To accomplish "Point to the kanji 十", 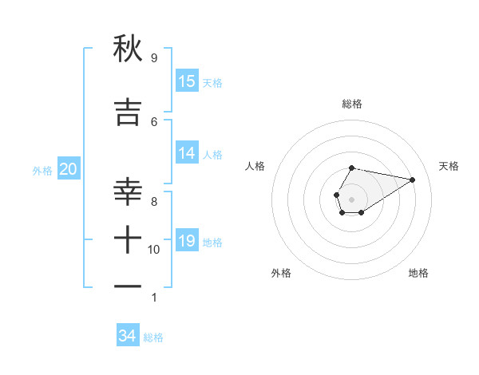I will click(x=128, y=239).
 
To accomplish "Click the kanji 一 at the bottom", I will click(x=128, y=286).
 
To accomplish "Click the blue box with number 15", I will click(x=187, y=81).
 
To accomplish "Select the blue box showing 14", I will click(x=187, y=153).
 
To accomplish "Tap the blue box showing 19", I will click(x=187, y=241).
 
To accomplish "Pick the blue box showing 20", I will click(x=69, y=169).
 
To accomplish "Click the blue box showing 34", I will click(x=128, y=336).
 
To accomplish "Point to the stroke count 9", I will click(x=153, y=58).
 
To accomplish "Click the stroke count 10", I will click(x=154, y=250).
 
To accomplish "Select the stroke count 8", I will click(x=153, y=202).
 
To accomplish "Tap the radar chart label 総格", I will click(x=352, y=104).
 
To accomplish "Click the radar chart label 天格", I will click(x=449, y=166).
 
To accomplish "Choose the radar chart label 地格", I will click(x=418, y=273).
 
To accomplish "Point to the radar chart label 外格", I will click(x=281, y=273).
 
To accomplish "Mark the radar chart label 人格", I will click(x=255, y=166).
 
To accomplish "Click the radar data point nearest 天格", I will click(x=413, y=179).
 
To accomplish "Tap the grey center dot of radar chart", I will click(x=351, y=199).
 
